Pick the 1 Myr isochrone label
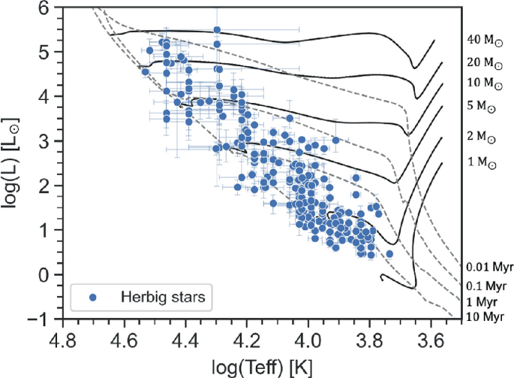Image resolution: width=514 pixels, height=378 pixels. pyautogui.click(x=482, y=301)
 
